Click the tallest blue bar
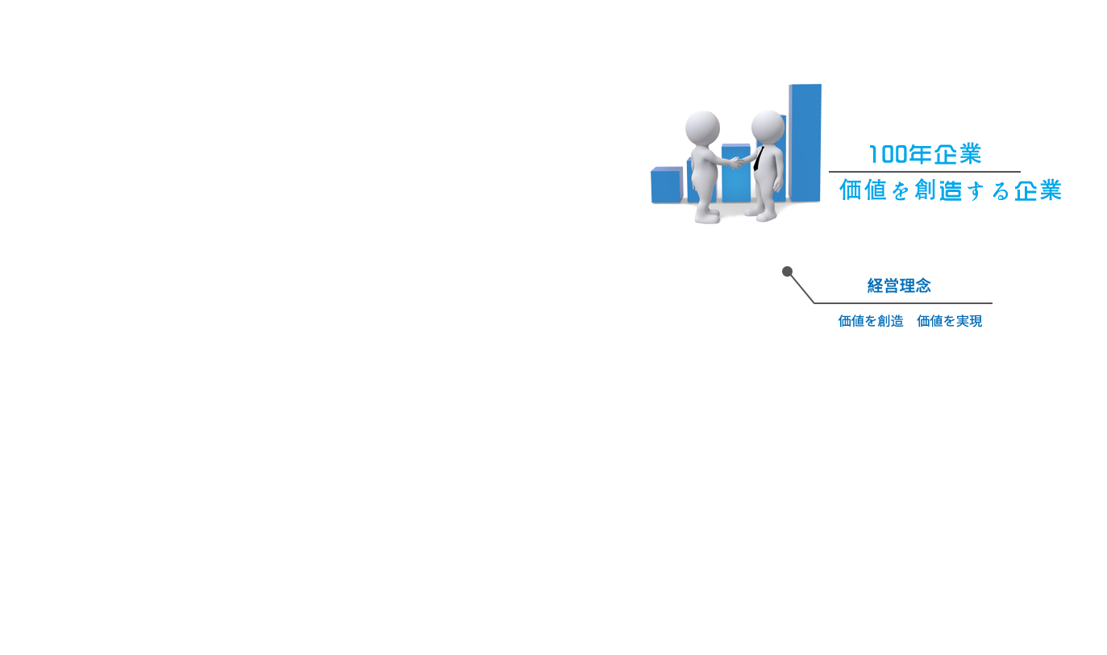coord(805,142)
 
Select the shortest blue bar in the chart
coord(667,185)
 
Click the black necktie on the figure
coord(759,159)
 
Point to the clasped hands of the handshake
coord(738,162)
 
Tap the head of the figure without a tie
coord(702,128)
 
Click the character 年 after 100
coord(920,154)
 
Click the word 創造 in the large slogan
coord(938,190)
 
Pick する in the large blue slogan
coord(988,191)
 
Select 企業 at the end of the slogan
coord(1038,190)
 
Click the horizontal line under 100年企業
coord(925,172)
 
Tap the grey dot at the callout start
coord(787,271)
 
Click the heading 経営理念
coord(899,286)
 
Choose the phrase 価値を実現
coord(949,321)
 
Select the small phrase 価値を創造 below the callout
coord(871,321)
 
